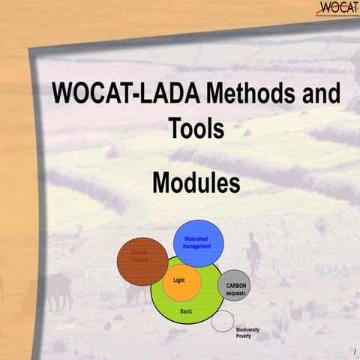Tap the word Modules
point(196,182)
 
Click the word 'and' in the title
point(319,96)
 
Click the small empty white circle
point(221,322)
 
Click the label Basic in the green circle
point(187,310)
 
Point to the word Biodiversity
point(252,330)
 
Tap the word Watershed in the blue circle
point(196,238)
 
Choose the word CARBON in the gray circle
point(232,285)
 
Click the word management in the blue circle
point(196,246)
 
